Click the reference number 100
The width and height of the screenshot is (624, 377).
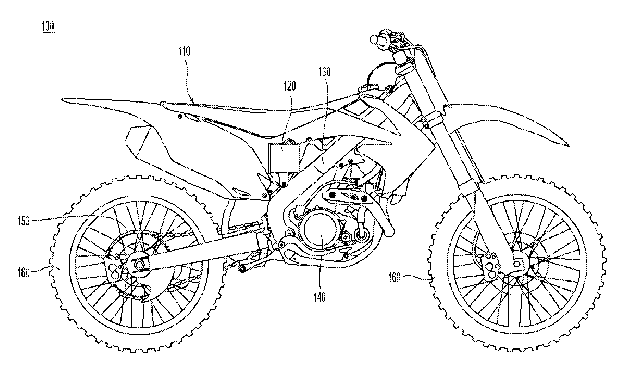tap(48, 27)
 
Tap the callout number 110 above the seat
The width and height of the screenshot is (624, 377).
tap(184, 51)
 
